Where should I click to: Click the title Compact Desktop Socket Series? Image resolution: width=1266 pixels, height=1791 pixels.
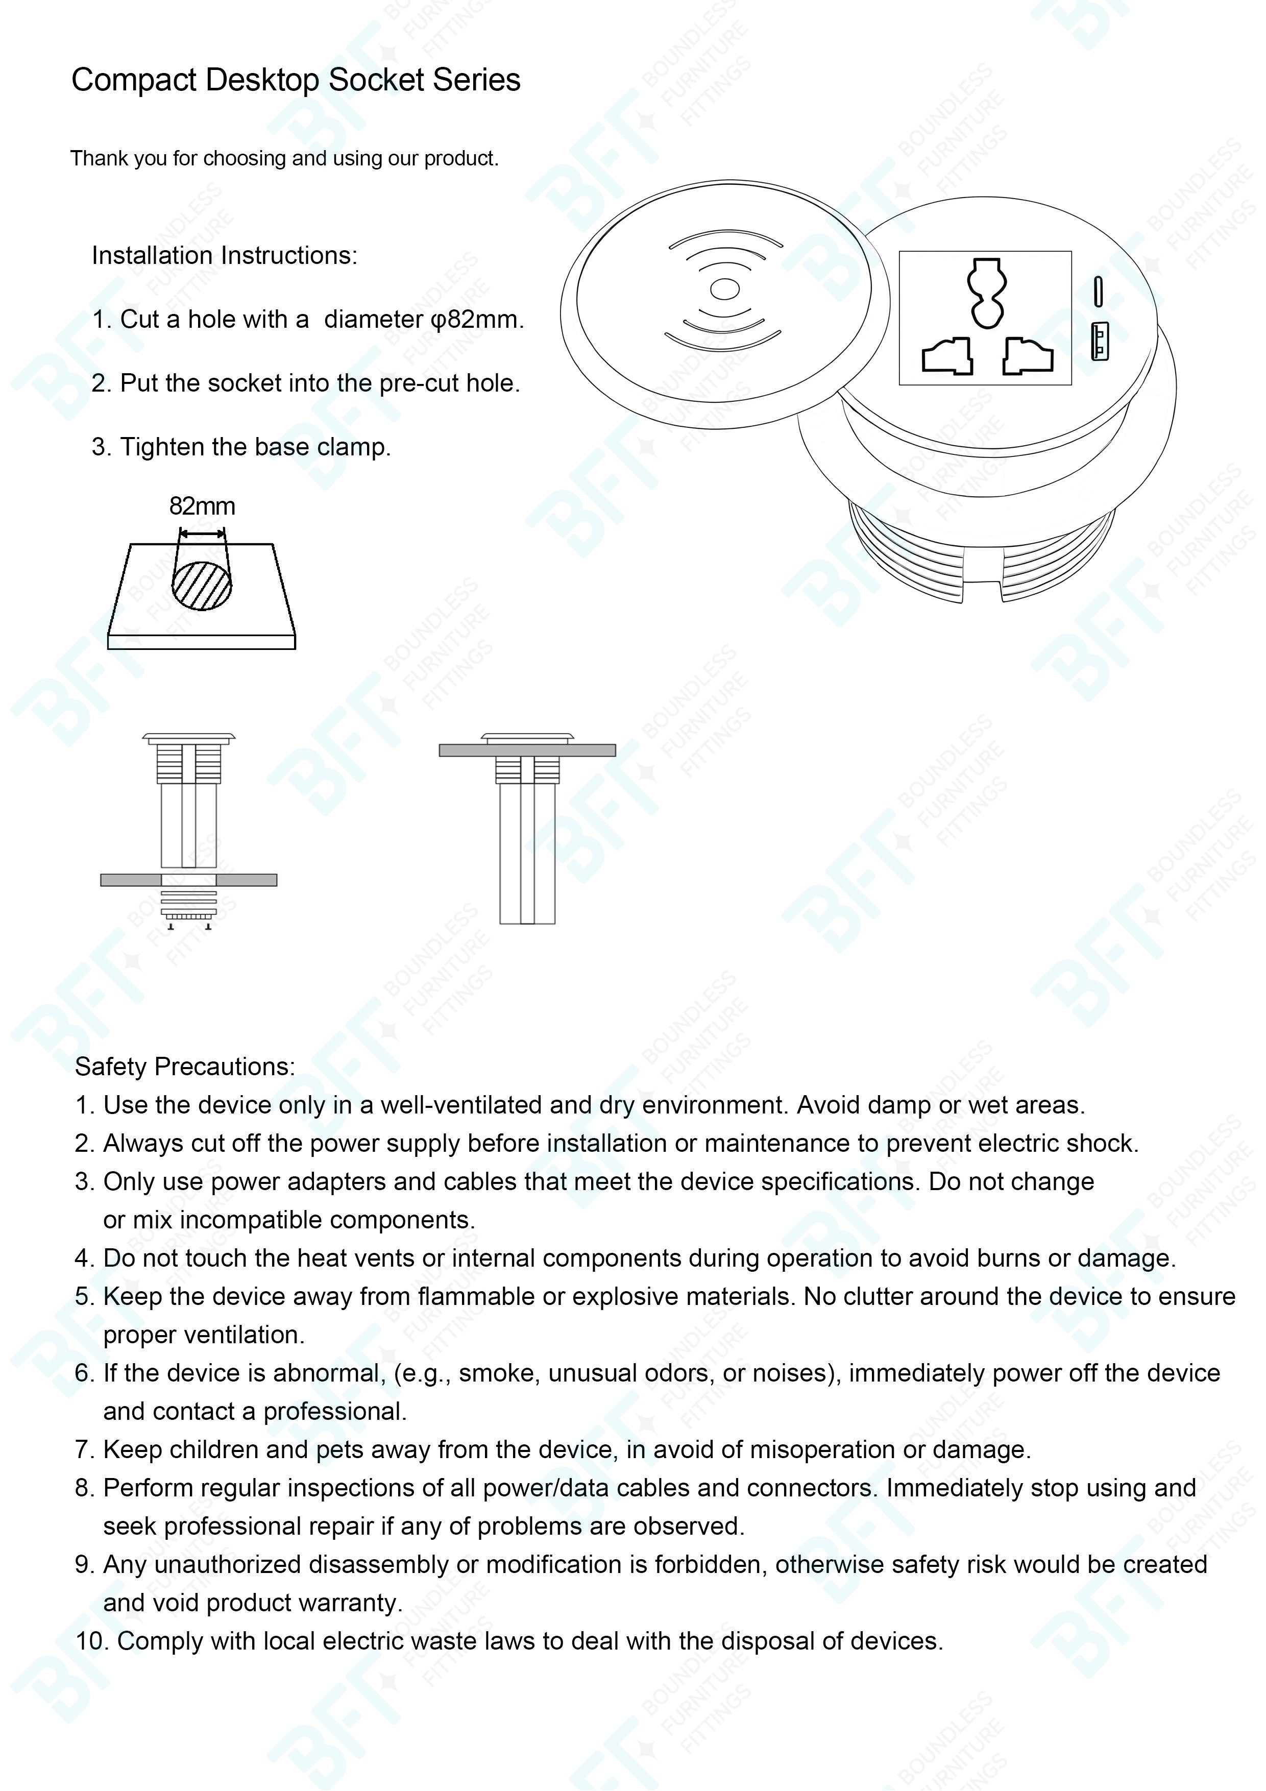[x=296, y=80]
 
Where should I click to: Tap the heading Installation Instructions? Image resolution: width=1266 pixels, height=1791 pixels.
[x=224, y=256]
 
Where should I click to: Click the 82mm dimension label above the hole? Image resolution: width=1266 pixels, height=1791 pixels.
[x=202, y=506]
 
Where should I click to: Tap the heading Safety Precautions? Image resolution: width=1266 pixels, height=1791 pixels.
[x=185, y=1067]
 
